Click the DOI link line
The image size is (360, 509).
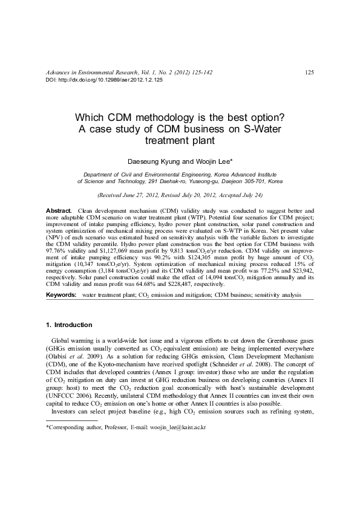(104, 80)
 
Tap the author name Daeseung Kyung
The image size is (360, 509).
(151, 162)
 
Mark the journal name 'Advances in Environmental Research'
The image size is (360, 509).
(94, 73)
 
